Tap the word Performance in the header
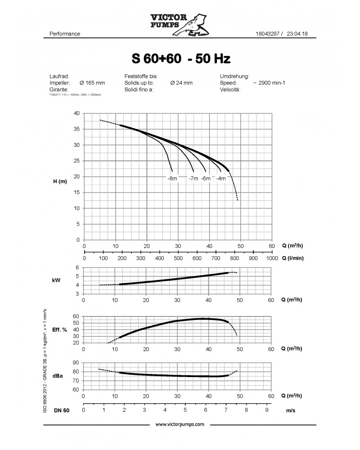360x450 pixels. click(64, 34)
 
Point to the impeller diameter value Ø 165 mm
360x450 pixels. click(92, 83)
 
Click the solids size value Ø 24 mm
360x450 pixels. click(181, 83)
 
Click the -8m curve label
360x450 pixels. click(171, 179)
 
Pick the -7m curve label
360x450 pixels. click(194, 179)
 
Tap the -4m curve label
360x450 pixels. click(221, 179)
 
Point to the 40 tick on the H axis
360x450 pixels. click(76, 113)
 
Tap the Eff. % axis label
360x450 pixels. click(59, 330)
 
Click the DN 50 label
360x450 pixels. click(62, 410)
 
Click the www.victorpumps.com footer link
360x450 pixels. click(180, 424)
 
